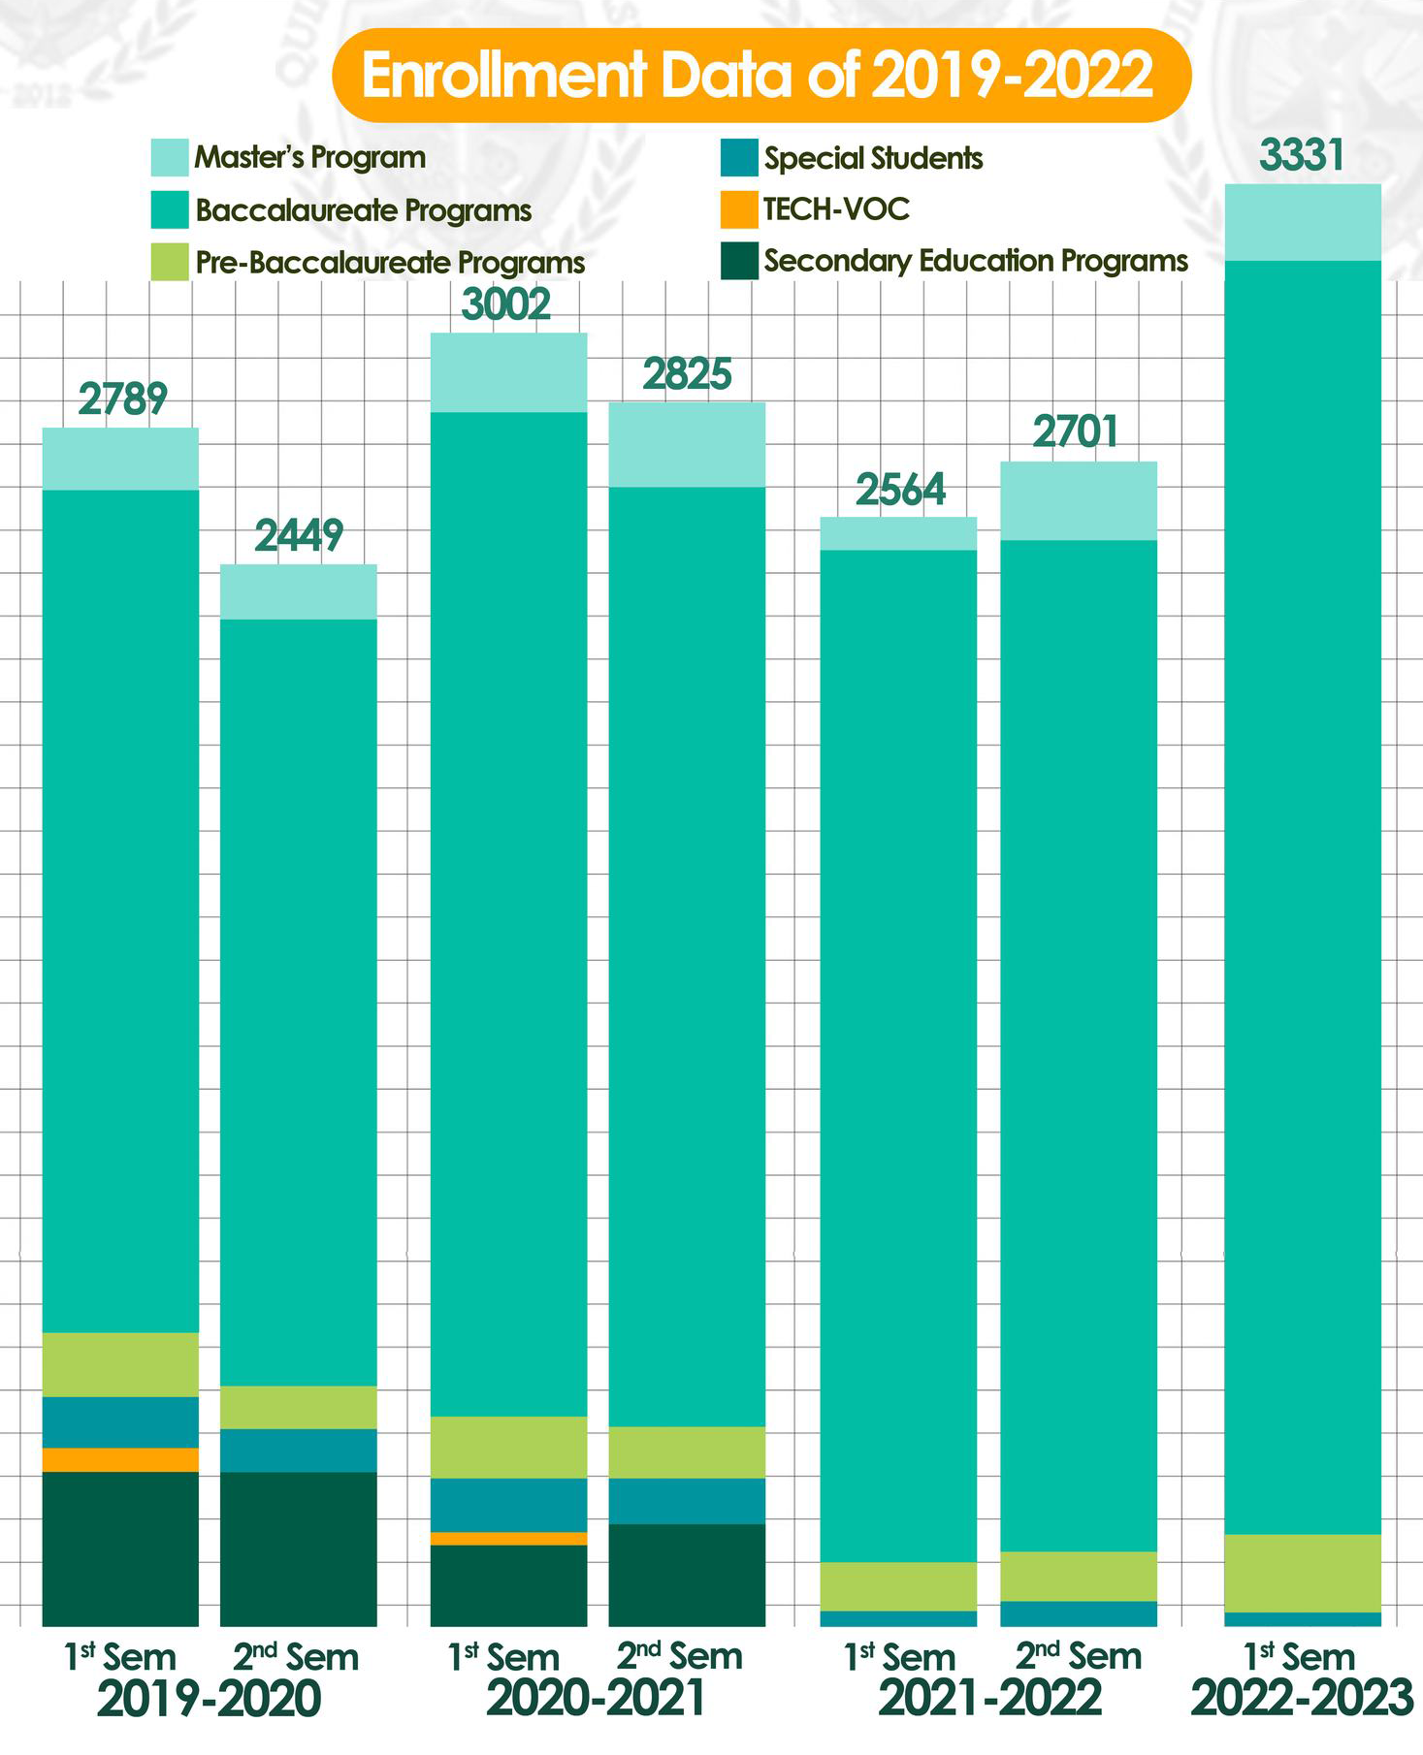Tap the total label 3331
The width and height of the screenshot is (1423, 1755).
pos(1302,155)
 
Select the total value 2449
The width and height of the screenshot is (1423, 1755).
pos(299,535)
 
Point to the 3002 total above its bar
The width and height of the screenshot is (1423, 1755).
pos(506,304)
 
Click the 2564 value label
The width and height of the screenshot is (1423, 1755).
pos(900,491)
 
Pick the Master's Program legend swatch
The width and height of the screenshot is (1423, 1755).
pos(169,158)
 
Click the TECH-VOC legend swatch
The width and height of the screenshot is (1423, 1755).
pos(738,210)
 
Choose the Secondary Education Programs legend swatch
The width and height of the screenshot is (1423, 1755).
pos(738,262)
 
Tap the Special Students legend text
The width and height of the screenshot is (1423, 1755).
pos(873,158)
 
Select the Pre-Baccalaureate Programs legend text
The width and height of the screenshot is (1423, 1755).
pos(390,263)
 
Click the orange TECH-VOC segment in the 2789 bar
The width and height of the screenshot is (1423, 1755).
pos(120,1459)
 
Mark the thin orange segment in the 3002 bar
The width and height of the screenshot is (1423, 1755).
pos(508,1539)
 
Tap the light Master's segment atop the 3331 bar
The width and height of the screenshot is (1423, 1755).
pos(1303,222)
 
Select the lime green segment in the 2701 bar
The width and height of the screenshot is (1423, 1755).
pos(1078,1576)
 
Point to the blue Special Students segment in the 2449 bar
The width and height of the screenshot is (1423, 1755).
pos(299,1450)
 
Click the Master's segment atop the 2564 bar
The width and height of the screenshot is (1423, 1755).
pos(898,533)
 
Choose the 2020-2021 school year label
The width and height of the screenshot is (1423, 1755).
pos(596,1699)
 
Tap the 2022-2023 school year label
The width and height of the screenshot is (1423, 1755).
pos(1302,1699)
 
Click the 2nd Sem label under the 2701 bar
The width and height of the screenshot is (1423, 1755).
pos(1078,1656)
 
